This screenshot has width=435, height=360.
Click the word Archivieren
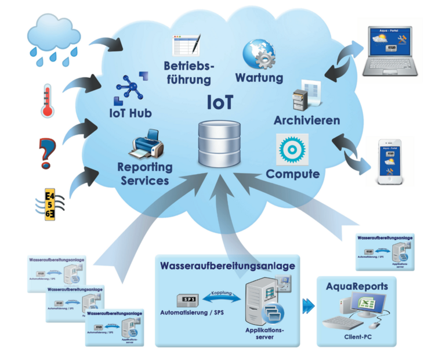click(x=307, y=121)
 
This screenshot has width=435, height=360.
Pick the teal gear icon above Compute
click(x=292, y=149)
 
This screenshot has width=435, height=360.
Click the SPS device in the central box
click(x=190, y=298)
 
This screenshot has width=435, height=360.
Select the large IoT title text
click(x=220, y=102)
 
